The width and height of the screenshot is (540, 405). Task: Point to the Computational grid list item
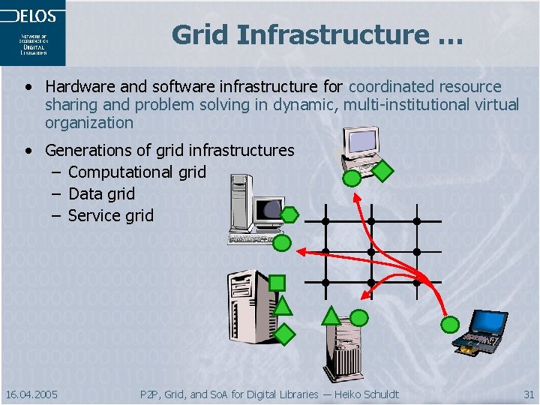click(136, 172)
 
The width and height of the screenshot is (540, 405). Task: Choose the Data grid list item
click(101, 193)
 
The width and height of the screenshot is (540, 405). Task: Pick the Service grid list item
click(110, 215)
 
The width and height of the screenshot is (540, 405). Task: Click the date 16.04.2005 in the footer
click(31, 394)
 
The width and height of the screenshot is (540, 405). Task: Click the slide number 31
click(529, 394)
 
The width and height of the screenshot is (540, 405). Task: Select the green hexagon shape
click(289, 215)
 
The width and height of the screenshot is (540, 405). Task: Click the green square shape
click(277, 283)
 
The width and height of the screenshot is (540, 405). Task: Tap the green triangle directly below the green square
click(282, 304)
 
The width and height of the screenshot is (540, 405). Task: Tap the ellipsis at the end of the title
click(448, 34)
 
